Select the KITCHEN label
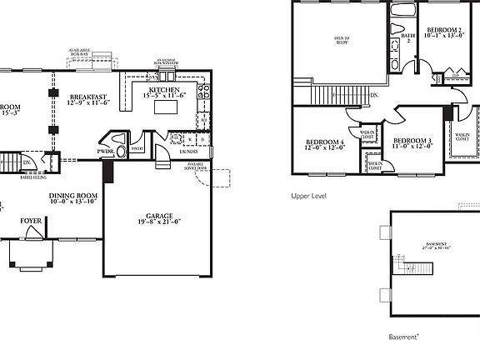[164, 90]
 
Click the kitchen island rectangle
[173, 106]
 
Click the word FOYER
[32, 221]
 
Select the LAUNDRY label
[190, 152]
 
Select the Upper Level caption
[308, 197]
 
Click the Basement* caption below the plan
[404, 337]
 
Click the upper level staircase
[327, 96]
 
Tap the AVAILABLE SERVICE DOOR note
[195, 167]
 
